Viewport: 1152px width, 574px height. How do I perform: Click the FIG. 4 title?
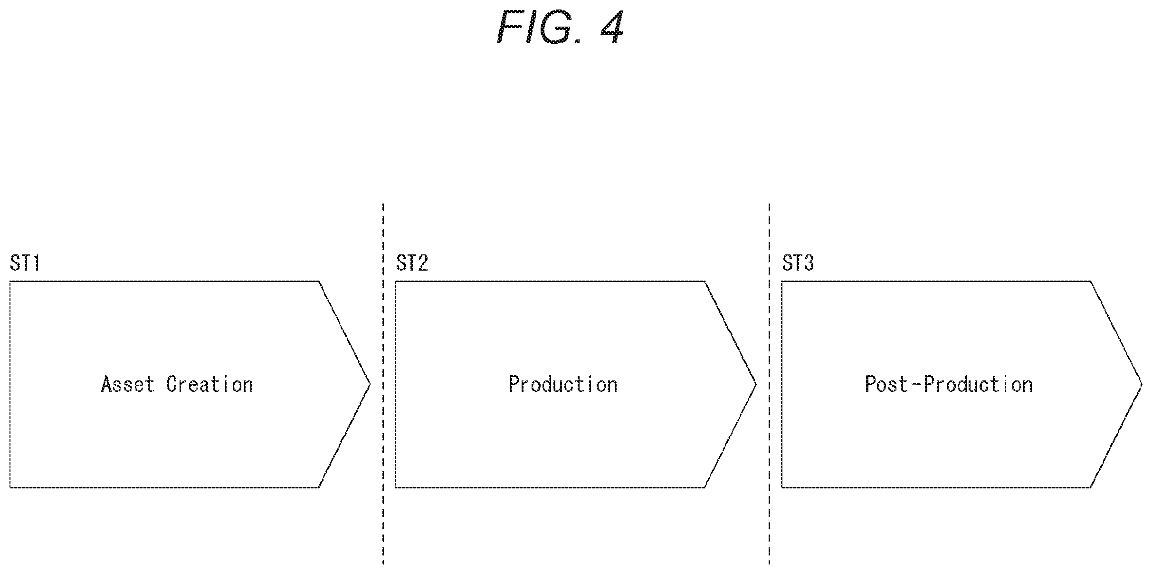pyautogui.click(x=560, y=27)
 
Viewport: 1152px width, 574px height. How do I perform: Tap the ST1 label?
pyautogui.click(x=25, y=263)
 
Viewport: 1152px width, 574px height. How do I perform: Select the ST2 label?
pyautogui.click(x=412, y=263)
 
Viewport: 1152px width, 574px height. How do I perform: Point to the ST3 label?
pyautogui.click(x=798, y=263)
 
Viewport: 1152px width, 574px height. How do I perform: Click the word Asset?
pyautogui.click(x=128, y=384)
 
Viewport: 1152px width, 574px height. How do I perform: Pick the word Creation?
pyautogui.click(x=209, y=384)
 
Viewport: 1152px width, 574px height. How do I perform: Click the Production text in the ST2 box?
pyautogui.click(x=563, y=384)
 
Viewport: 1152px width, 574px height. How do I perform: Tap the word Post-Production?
pyautogui.click(x=949, y=384)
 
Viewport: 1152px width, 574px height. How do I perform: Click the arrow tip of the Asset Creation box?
pyautogui.click(x=370, y=384)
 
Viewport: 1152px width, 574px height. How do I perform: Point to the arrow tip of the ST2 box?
pyautogui.click(x=756, y=384)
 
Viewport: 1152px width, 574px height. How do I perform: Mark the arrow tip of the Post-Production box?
pyautogui.click(x=1142, y=384)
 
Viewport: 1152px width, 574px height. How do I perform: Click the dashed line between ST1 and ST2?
pyautogui.click(x=383, y=384)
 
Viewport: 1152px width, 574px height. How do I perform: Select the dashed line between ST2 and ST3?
pyautogui.click(x=769, y=384)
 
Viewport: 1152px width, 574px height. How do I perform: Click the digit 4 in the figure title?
pyautogui.click(x=612, y=27)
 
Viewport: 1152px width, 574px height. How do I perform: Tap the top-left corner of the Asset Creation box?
pyautogui.click(x=10, y=281)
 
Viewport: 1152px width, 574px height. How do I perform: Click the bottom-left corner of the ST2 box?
pyautogui.click(x=396, y=487)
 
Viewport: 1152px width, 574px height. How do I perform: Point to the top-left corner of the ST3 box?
pyautogui.click(x=782, y=281)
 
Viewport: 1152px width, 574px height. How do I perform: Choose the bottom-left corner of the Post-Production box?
pyautogui.click(x=782, y=487)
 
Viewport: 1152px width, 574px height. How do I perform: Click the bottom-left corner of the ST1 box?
pyautogui.click(x=10, y=487)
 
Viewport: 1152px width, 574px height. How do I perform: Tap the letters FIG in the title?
pyautogui.click(x=535, y=27)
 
